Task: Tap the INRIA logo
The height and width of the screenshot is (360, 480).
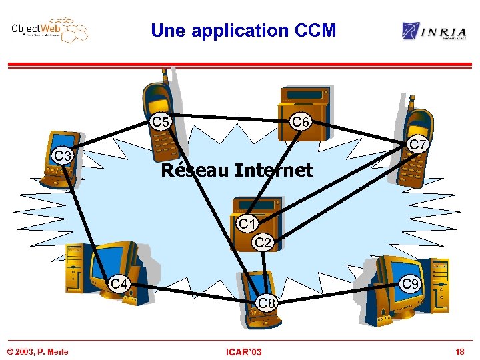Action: [434, 31]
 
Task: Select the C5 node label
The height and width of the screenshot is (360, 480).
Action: [161, 122]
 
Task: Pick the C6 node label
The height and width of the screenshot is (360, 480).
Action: [301, 122]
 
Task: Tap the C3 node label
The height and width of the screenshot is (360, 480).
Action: [63, 156]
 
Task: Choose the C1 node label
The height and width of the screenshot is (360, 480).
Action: [248, 223]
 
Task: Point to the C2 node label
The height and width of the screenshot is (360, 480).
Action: [264, 243]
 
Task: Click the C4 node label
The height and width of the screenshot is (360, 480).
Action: [119, 285]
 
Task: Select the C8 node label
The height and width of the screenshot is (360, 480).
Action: [267, 304]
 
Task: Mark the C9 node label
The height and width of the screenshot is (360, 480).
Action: [411, 284]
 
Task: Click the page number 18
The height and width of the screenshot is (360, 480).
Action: [459, 351]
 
